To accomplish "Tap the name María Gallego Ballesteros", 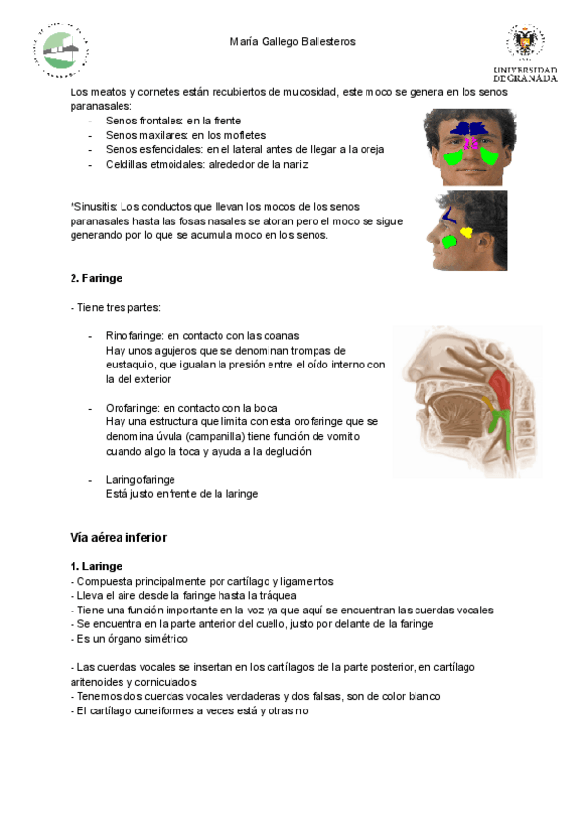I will click(x=292, y=42).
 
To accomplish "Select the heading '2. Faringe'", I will click(x=96, y=278).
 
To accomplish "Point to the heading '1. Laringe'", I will click(x=96, y=566).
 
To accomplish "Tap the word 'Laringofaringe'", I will click(x=140, y=479).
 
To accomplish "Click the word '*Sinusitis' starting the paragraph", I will click(x=94, y=207).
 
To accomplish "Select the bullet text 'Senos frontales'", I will click(x=143, y=121).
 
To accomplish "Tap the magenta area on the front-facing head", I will click(x=470, y=144).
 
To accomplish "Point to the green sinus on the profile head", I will click(x=448, y=241).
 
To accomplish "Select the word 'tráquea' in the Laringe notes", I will click(x=277, y=595).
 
